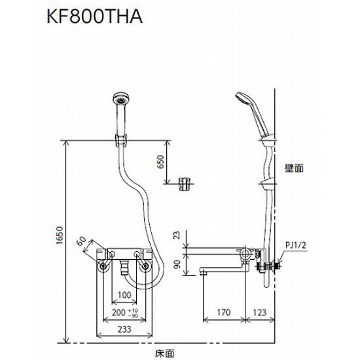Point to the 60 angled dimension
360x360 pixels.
pos(81,244)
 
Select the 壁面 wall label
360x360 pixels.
pos(293,168)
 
